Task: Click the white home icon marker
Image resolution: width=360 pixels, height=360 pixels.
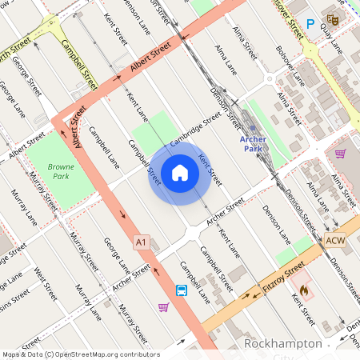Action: point(180,172)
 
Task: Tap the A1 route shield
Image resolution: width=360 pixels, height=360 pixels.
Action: point(142,242)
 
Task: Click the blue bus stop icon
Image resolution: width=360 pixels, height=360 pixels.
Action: point(182,290)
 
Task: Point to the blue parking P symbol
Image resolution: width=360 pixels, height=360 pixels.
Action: point(310,25)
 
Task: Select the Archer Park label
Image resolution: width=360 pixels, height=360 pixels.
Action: point(253,143)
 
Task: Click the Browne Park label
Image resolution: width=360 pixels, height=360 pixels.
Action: point(60,171)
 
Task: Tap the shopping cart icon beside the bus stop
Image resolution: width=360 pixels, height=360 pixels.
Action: point(164,307)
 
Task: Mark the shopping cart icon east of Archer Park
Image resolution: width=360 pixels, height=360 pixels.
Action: point(341,154)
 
